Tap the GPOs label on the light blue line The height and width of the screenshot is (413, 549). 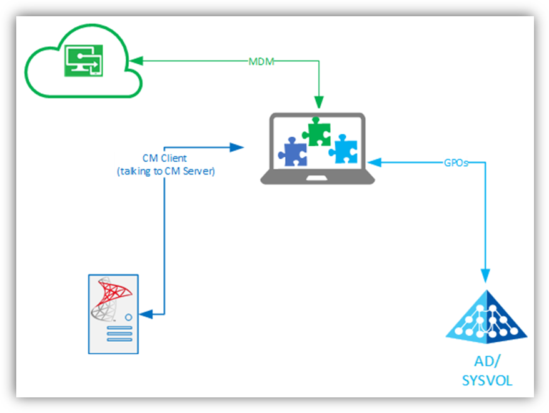coord(455,162)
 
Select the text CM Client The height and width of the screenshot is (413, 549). coord(164,158)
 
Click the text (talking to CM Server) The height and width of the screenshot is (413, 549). coord(166,171)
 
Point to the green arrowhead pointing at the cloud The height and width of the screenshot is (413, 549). coord(139,61)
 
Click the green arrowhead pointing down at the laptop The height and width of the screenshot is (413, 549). coord(319,102)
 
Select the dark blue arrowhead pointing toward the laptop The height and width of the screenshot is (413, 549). coord(237,147)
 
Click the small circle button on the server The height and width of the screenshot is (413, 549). coord(128,317)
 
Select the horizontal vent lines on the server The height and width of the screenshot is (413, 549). coord(119,334)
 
